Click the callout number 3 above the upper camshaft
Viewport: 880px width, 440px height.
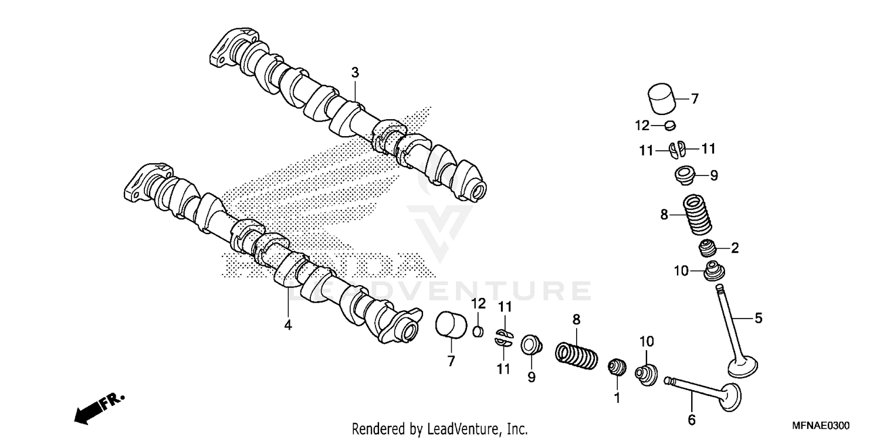pyautogui.click(x=355, y=73)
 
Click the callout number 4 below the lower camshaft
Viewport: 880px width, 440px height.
pyautogui.click(x=287, y=324)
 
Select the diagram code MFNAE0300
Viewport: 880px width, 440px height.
pyautogui.click(x=821, y=425)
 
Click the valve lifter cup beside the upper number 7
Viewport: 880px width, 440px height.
pyautogui.click(x=662, y=100)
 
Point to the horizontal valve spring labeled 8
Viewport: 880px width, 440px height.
pyautogui.click(x=577, y=354)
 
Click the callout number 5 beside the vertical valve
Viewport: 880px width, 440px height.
pyautogui.click(x=758, y=319)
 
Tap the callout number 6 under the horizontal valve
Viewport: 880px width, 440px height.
pyautogui.click(x=691, y=419)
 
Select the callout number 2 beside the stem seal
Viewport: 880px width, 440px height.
pyautogui.click(x=734, y=248)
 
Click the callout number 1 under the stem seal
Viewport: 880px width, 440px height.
pyautogui.click(x=617, y=397)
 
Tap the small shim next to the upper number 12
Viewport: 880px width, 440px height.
pyautogui.click(x=671, y=125)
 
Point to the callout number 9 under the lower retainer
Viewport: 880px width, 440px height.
pyautogui.click(x=531, y=378)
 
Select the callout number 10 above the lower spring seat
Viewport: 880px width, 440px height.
pyautogui.click(x=645, y=341)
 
